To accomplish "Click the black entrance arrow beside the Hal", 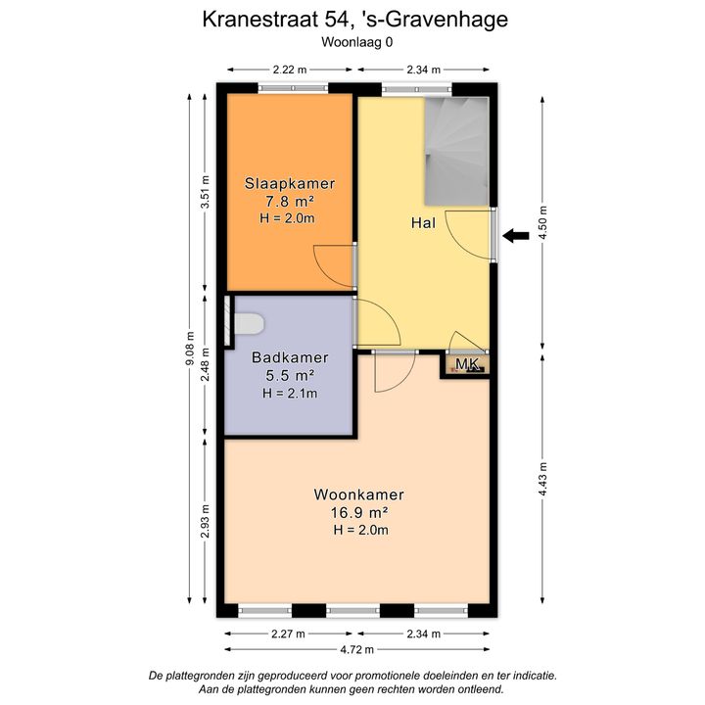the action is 516,236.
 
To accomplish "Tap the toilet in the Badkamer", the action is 249,324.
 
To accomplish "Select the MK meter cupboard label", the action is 467,364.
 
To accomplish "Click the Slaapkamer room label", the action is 290,183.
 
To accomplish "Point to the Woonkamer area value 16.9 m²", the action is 359,512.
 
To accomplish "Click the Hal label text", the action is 423,222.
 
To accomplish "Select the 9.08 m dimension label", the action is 190,348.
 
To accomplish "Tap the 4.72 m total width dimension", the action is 357,649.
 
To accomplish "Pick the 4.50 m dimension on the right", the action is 542,223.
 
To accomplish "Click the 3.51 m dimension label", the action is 206,191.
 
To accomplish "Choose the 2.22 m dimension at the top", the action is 290,70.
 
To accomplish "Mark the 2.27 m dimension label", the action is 288,634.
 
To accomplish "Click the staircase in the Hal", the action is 457,152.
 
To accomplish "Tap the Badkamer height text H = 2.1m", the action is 290,393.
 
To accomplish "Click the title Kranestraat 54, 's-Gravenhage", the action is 355,20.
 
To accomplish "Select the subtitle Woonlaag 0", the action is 357,42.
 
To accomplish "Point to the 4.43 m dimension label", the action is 542,479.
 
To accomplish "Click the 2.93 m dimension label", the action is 206,521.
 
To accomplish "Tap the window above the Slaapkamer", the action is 293,88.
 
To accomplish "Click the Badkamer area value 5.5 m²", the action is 290,375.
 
